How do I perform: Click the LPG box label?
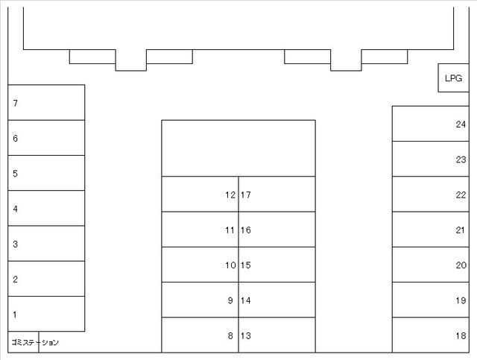pos(453,78)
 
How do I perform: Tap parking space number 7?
pos(46,103)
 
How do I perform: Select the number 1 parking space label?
pos(15,315)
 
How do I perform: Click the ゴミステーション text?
pos(35,342)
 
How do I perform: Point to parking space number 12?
pos(200,194)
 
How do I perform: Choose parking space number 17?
pos(277,194)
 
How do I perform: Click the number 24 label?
pos(461,124)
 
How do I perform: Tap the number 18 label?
pos(461,335)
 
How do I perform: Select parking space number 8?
pos(200,335)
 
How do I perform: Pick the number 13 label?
pos(246,335)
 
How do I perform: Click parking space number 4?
pos(46,208)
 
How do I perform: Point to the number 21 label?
pos(461,230)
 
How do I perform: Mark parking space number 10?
pos(200,265)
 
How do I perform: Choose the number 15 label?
pos(246,265)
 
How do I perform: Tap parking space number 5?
pos(46,173)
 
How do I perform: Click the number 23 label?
pos(461,160)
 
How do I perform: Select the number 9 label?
pos(230,300)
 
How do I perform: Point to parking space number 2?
pos(46,279)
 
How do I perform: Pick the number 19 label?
pos(461,300)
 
